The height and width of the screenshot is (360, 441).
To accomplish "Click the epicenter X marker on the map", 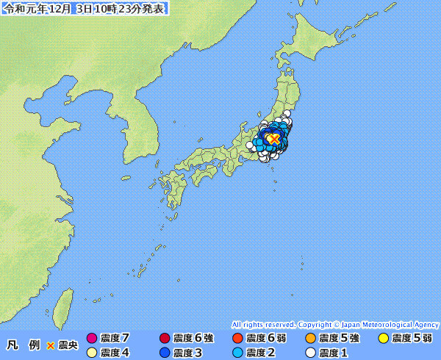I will click(x=273, y=138).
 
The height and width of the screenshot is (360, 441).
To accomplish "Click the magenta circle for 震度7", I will click(x=92, y=339).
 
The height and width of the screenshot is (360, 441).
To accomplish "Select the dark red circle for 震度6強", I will click(x=165, y=339).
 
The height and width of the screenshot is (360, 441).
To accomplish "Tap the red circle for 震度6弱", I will click(x=237, y=339).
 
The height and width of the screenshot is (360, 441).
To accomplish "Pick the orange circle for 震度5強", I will click(x=310, y=339).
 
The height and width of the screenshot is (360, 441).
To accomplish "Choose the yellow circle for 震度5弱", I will click(x=383, y=339).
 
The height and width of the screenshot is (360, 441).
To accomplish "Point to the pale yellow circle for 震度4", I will click(x=92, y=353).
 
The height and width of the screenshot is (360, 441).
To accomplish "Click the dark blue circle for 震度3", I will click(x=165, y=353).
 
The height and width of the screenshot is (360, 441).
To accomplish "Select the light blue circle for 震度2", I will click(x=237, y=353).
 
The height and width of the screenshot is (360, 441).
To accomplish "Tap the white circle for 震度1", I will click(x=310, y=353).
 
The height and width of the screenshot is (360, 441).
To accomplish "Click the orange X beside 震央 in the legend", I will click(x=51, y=345).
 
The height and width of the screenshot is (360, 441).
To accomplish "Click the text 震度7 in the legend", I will click(x=115, y=339).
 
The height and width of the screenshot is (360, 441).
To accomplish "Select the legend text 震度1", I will click(x=333, y=353).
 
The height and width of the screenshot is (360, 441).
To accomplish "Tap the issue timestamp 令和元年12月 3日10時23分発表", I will click(x=85, y=10).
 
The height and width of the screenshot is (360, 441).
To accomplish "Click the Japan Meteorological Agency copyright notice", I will click(x=334, y=324).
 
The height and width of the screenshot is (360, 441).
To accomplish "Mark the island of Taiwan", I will click(x=65, y=304).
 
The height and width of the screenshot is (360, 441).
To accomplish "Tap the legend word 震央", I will click(x=68, y=345).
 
